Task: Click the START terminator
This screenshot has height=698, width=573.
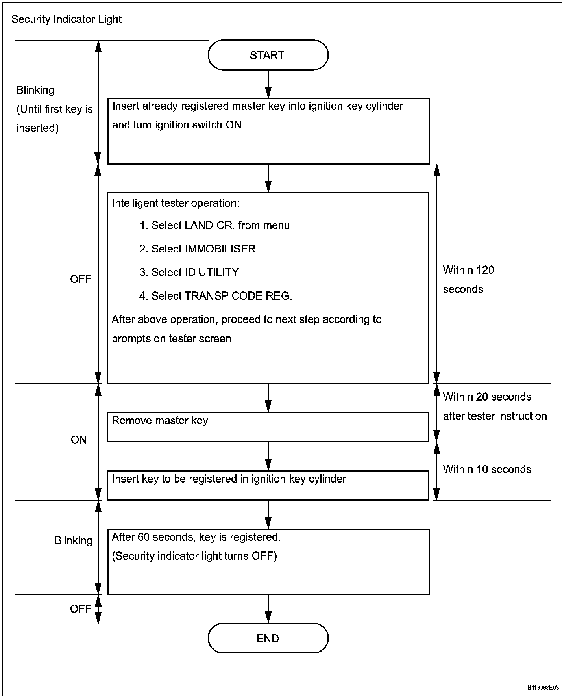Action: pyautogui.click(x=268, y=55)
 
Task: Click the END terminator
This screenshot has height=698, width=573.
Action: pyautogui.click(x=268, y=639)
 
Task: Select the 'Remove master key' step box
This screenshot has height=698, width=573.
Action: pyautogui.click(x=268, y=427)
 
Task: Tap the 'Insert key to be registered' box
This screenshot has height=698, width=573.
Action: pyautogui.click(x=268, y=485)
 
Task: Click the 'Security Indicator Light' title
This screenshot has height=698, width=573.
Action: pyautogui.click(x=67, y=19)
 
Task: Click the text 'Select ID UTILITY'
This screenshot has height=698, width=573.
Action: pyautogui.click(x=195, y=272)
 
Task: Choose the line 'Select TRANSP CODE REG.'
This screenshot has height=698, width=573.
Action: pyautogui.click(x=222, y=296)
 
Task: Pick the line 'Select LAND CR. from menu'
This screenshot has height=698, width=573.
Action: pyautogui.click(x=220, y=225)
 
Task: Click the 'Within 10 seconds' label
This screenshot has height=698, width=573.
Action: pyautogui.click(x=487, y=469)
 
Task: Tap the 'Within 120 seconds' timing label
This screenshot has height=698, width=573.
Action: pyautogui.click(x=469, y=279)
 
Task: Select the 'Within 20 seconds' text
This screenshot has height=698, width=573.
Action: pyautogui.click(x=487, y=397)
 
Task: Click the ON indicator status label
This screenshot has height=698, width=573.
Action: pyautogui.click(x=79, y=440)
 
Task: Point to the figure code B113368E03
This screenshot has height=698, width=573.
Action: pyautogui.click(x=543, y=688)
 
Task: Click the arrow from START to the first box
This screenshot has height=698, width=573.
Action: pyautogui.click(x=268, y=84)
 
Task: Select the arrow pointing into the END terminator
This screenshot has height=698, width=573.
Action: pyautogui.click(x=268, y=609)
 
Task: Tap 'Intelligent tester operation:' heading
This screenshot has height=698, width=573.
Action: pyautogui.click(x=176, y=203)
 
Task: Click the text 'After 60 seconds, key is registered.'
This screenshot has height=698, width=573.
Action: pyautogui.click(x=196, y=537)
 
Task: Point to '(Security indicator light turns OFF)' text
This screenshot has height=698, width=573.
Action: pyautogui.click(x=194, y=556)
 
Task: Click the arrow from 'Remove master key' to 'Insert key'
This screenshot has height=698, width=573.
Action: pyautogui.click(x=268, y=456)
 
